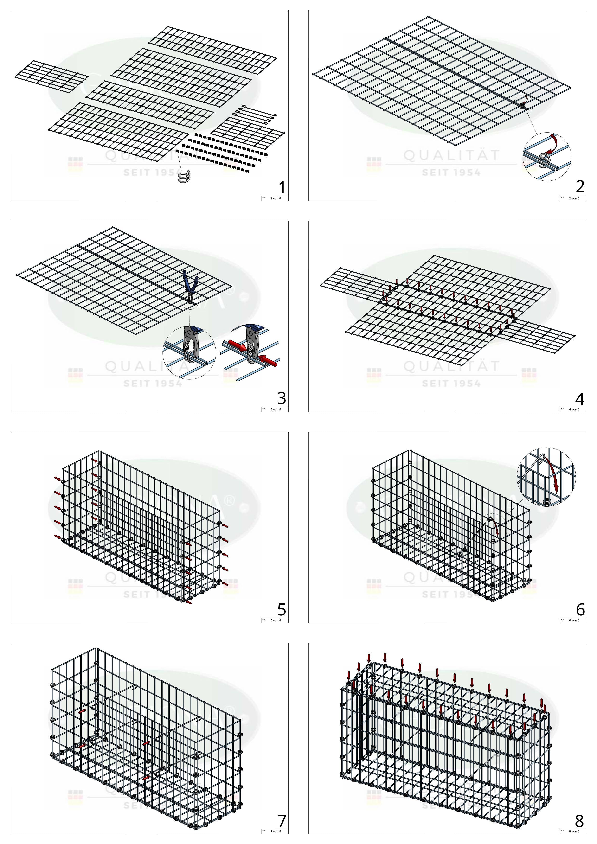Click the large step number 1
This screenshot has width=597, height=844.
click(282, 188)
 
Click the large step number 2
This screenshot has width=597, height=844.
click(580, 187)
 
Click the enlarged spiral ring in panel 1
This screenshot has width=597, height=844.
click(183, 178)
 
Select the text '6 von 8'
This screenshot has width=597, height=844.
click(574, 620)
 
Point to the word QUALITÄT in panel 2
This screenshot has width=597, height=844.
click(452, 155)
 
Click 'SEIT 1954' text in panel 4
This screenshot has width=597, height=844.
click(451, 384)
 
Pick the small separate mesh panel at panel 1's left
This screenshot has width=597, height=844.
click(51, 76)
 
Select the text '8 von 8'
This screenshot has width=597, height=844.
click(574, 831)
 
